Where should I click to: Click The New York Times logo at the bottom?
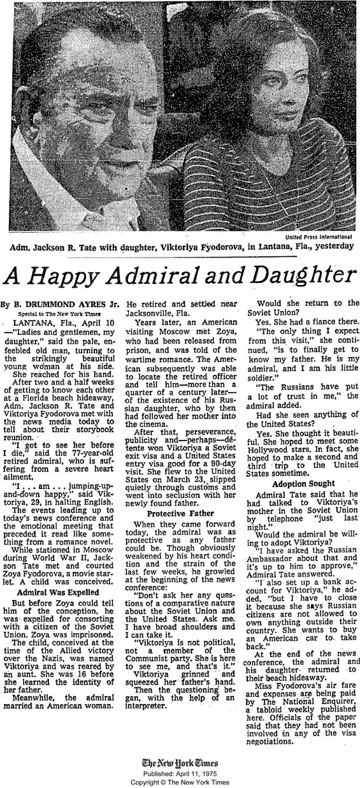pos(180,762)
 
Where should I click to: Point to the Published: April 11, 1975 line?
pos(180,773)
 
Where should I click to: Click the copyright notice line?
pos(180,781)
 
